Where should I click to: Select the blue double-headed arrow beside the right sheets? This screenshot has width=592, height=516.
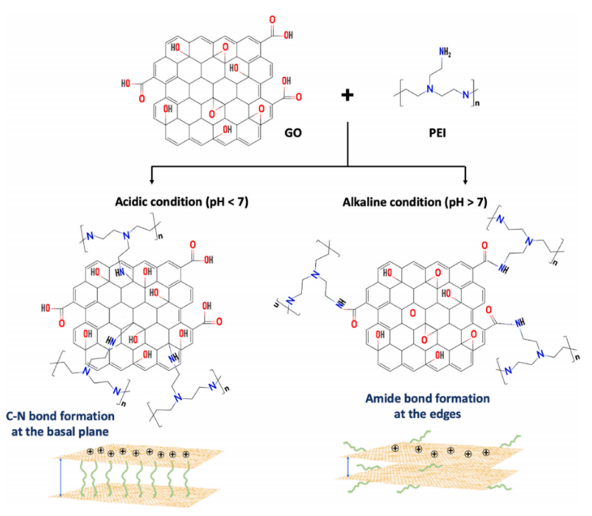click(348, 466)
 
